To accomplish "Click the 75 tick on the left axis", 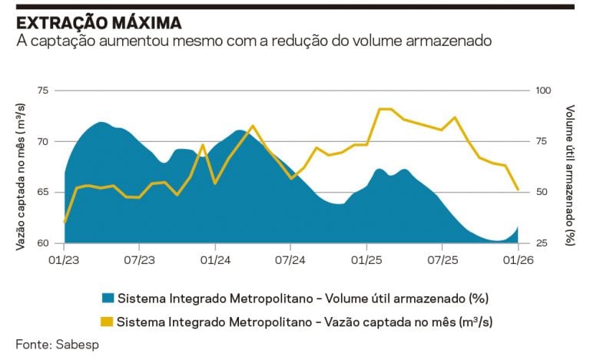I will [42, 91].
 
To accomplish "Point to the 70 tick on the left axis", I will [42, 141].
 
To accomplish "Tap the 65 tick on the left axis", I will [42, 193].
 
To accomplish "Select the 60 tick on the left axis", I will [42, 243].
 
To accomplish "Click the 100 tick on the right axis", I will [543, 91].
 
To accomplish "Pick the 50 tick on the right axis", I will [541, 193].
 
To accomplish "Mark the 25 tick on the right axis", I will [541, 243].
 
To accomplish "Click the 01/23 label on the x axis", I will [65, 259].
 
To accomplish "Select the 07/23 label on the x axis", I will [139, 259].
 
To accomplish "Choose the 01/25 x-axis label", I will [366, 259].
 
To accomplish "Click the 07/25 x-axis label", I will [442, 259].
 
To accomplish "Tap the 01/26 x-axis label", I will [518, 259].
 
